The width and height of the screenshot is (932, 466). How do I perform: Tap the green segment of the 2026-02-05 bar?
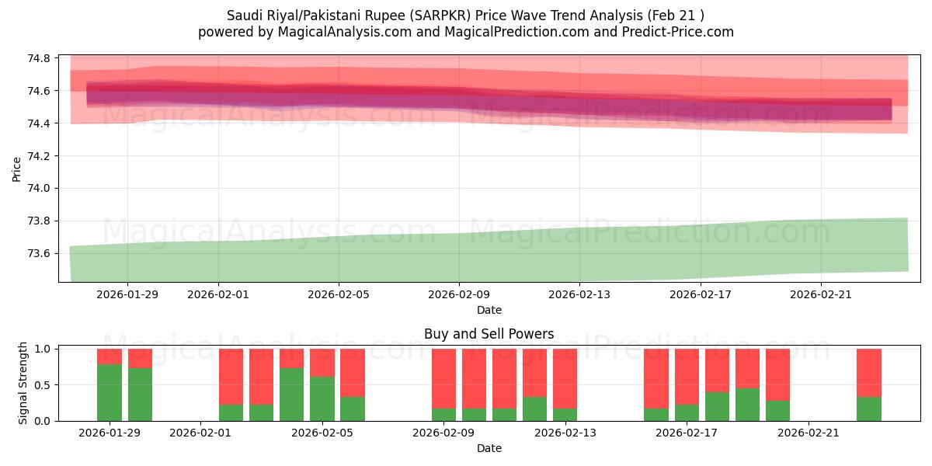322,398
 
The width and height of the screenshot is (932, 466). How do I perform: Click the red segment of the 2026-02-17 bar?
687,377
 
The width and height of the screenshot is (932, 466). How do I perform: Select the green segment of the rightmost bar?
869,409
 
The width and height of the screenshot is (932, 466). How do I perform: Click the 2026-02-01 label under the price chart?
218,294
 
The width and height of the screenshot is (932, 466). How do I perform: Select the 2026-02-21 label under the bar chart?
809,433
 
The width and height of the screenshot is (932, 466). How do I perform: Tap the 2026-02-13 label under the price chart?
580,294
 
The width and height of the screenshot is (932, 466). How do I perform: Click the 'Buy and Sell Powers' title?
489,335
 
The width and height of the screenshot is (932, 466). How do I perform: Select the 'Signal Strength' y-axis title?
23,383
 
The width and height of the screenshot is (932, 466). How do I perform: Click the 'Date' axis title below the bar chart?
489,448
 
